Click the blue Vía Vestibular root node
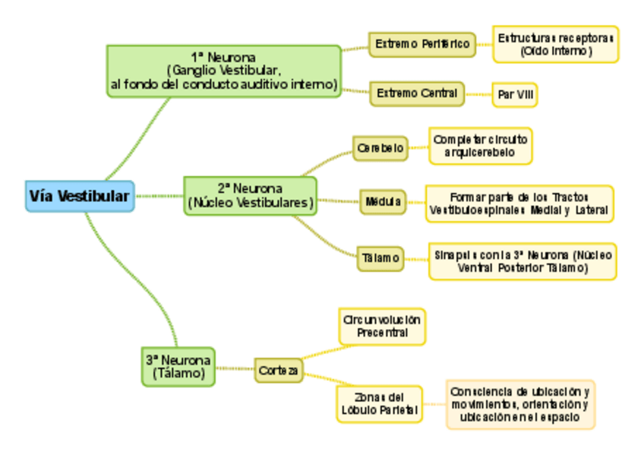click(80, 196)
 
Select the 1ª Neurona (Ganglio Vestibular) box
click(223, 71)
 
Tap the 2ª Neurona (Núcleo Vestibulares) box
click(250, 196)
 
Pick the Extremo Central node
click(417, 93)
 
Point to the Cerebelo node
click(380, 148)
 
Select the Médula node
click(383, 202)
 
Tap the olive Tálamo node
click(380, 258)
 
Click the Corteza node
click(279, 370)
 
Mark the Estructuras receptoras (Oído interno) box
click(555, 45)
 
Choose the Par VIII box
click(515, 95)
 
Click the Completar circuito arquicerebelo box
click(480, 146)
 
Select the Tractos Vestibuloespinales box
click(519, 203)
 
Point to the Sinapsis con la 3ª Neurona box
click(522, 261)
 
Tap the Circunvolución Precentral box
click(381, 327)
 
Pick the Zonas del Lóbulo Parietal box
click(379, 404)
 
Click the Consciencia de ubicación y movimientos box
click(520, 404)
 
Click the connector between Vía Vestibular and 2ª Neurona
click(159, 196)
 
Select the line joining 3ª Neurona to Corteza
click(234, 368)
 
